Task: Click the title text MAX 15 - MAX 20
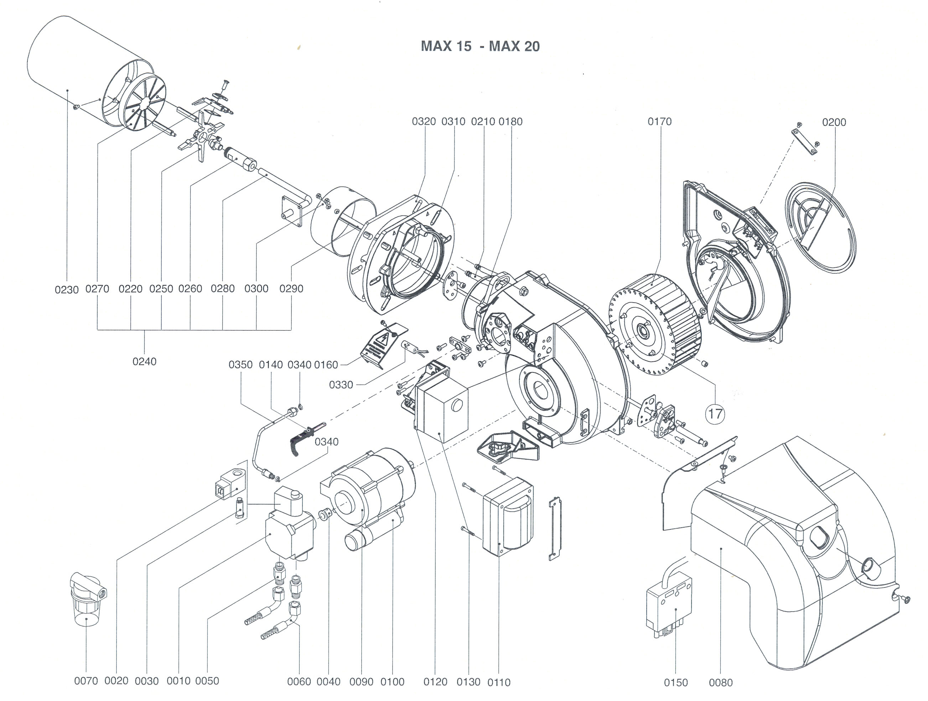(480, 46)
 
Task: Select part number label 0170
(659, 122)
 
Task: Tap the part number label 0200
(834, 122)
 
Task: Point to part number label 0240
(144, 361)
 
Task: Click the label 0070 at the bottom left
(86, 681)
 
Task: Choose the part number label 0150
(676, 682)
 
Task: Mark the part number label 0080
(721, 682)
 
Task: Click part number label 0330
(341, 385)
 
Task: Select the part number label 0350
(240, 365)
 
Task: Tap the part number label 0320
(424, 122)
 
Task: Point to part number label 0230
(67, 289)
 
